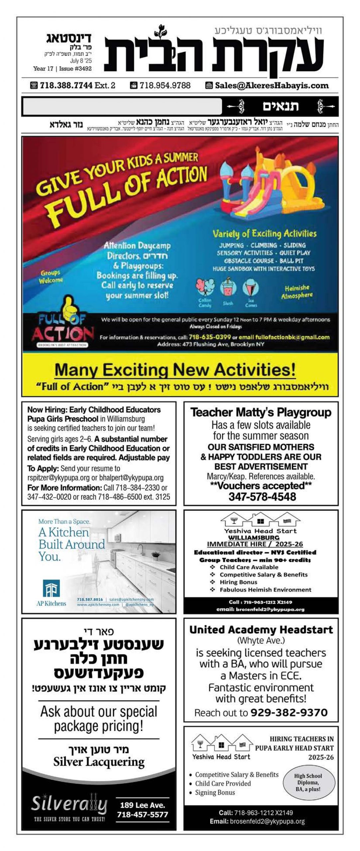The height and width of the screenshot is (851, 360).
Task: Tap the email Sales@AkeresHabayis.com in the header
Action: pyautogui.click(x=272, y=85)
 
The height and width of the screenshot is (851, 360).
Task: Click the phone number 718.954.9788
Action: pyautogui.click(x=165, y=85)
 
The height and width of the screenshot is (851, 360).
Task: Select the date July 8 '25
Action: pyautogui.click(x=81, y=61)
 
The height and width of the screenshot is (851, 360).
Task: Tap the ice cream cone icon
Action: pyautogui.click(x=251, y=288)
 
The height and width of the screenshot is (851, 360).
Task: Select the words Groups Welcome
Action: pyautogui.click(x=51, y=277)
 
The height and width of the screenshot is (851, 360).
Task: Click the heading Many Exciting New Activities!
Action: pyautogui.click(x=175, y=370)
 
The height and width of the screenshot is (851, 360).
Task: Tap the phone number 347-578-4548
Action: pyautogui.click(x=262, y=497)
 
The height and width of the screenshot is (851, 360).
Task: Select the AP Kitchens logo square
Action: pyautogui.click(x=51, y=588)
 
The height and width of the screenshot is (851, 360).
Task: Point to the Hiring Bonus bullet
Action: pyautogui.click(x=238, y=582)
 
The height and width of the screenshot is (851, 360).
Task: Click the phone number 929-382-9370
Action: pyautogui.click(x=289, y=712)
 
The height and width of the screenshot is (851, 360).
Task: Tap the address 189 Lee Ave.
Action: pyautogui.click(x=142, y=805)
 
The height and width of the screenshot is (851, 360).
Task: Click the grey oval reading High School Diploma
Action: pyautogui.click(x=308, y=782)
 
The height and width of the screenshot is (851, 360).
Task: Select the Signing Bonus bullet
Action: pyautogui.click(x=215, y=792)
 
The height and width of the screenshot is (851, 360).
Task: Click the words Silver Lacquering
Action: pyautogui.click(x=99, y=762)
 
